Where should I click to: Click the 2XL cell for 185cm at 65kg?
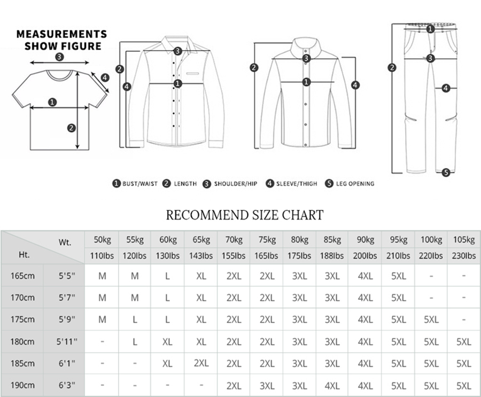[201, 363]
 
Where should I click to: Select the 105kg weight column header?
[464, 239]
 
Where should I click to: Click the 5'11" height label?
[67, 341]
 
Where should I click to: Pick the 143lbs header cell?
[201, 256]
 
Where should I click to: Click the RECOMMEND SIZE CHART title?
[244, 215]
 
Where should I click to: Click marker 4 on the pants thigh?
[446, 88]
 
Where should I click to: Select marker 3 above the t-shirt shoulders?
[59, 57]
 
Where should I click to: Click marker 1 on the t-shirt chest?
[52, 102]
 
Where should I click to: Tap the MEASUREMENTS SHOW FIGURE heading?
[61, 40]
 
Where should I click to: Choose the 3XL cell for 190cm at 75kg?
[267, 385]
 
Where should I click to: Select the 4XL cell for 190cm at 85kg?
[332, 385]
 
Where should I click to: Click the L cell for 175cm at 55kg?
[135, 320]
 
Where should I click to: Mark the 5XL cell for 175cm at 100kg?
[431, 320]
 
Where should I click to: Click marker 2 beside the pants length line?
[393, 67]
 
